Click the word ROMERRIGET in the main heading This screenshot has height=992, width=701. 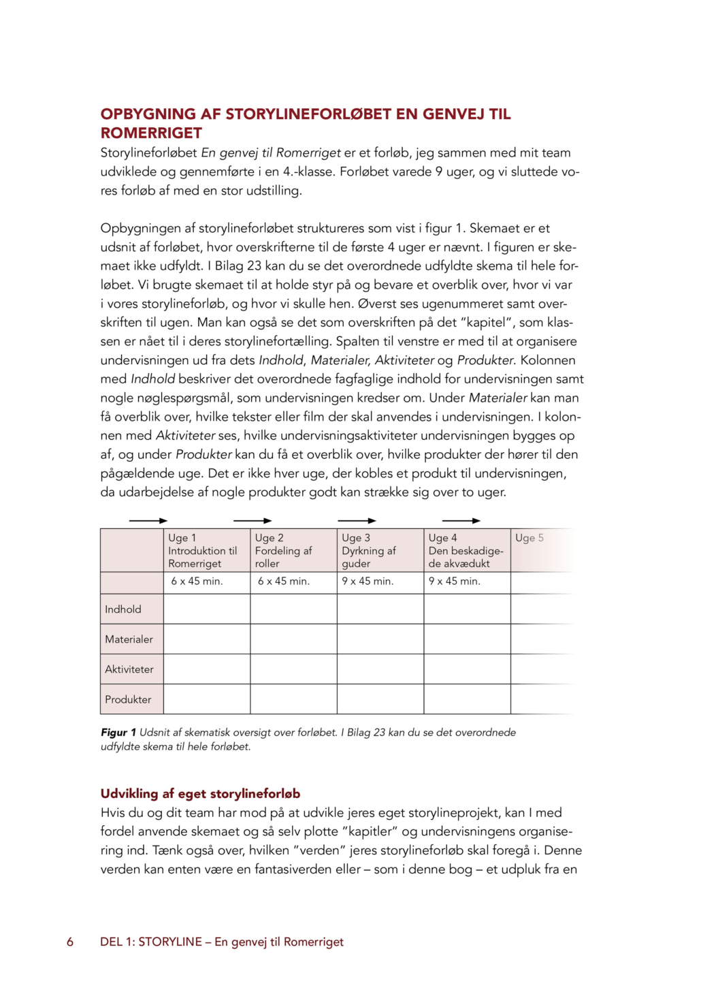coord(151,133)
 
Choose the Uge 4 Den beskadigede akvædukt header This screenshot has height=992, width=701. coord(467,550)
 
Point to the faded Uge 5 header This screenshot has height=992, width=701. coord(529,538)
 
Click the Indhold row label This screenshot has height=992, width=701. coord(123,609)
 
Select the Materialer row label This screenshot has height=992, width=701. coord(129,639)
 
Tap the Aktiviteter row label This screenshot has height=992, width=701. coord(129,669)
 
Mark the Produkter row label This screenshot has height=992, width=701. coord(128,699)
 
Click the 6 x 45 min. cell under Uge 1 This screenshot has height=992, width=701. coord(197,581)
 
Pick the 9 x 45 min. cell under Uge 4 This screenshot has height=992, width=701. coord(455,581)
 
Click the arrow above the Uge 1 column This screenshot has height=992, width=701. coord(148,521)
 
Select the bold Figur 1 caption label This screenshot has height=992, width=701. coord(118,733)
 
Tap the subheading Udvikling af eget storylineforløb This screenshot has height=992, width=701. coord(200,793)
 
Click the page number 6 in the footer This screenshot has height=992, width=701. coord(70,942)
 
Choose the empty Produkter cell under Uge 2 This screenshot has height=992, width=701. coord(293,699)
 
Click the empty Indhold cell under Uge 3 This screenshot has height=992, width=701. coord(380,609)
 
